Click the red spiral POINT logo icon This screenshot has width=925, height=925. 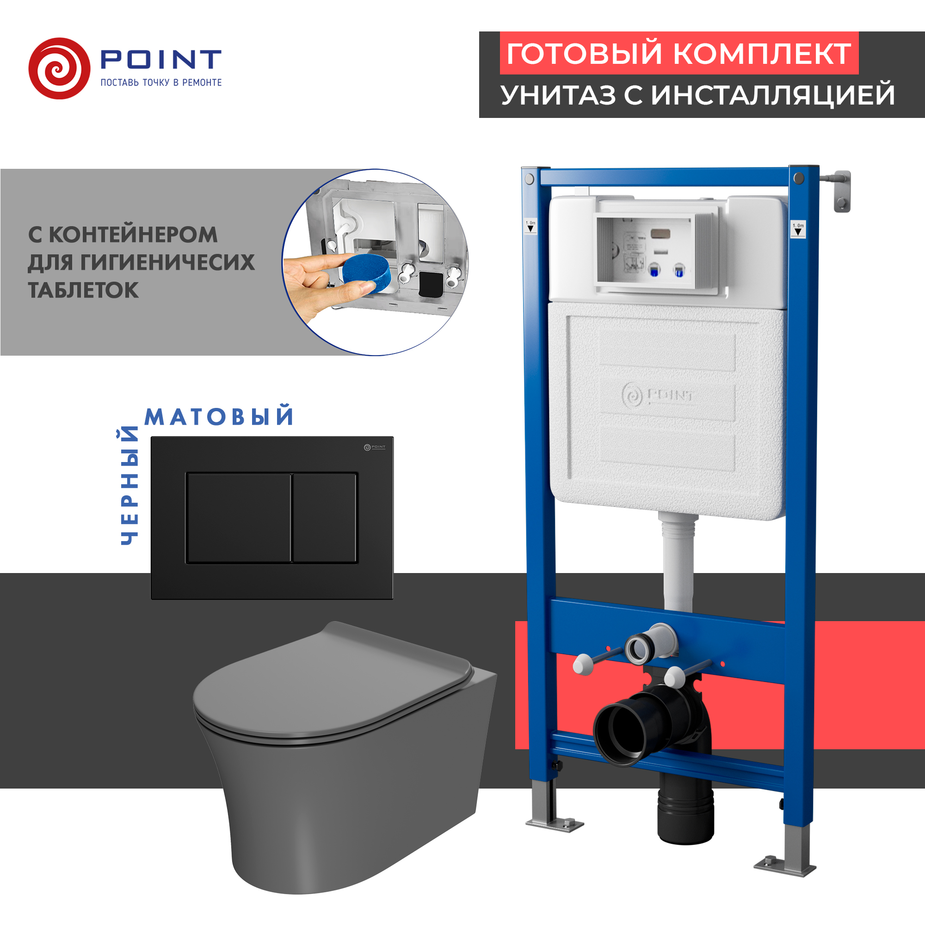[x=59, y=68]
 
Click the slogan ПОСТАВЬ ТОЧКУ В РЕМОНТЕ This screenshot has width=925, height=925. [x=161, y=83]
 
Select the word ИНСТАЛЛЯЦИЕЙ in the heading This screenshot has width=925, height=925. [x=773, y=95]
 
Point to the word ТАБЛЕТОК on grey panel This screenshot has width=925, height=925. [x=83, y=290]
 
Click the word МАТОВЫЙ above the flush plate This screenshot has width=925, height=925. [x=219, y=417]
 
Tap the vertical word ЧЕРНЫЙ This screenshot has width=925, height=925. [x=129, y=486]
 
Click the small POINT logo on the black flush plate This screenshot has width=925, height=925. [x=375, y=447]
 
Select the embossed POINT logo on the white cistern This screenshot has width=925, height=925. [x=658, y=395]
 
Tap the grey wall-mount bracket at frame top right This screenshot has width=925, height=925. [x=841, y=191]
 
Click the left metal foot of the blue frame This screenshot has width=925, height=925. [x=554, y=820]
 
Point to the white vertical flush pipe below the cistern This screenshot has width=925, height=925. [x=678, y=565]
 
